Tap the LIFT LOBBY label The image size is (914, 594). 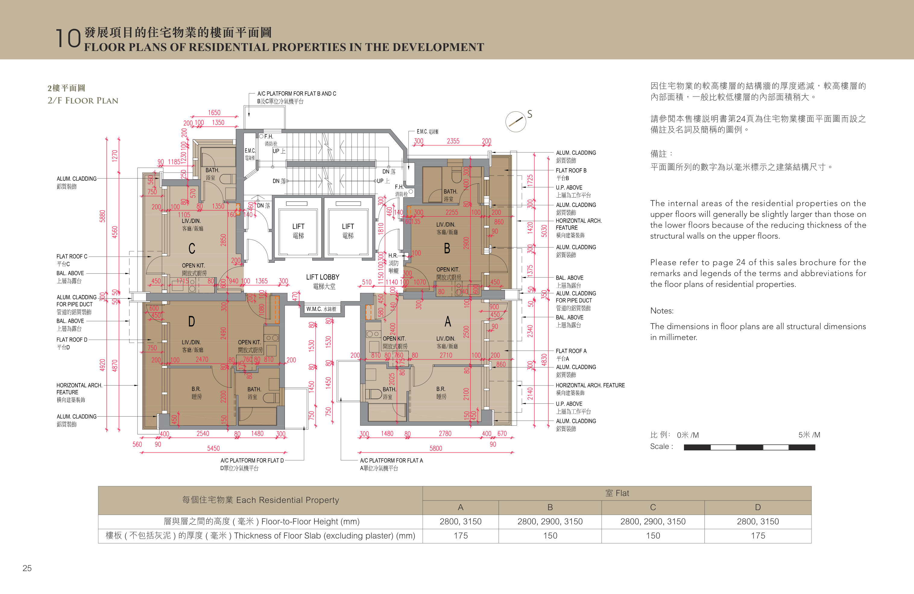(323, 277)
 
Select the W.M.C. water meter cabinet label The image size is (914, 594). (321, 309)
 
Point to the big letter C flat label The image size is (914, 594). (192, 249)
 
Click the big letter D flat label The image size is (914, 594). (191, 321)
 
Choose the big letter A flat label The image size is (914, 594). (447, 321)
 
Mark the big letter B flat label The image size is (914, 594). (447, 249)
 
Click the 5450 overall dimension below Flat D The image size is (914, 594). (213, 448)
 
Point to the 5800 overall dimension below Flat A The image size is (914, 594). (436, 448)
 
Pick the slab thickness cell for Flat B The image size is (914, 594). (550, 535)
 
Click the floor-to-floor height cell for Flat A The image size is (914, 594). (460, 521)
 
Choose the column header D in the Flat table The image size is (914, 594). (758, 507)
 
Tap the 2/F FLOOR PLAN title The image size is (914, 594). (83, 101)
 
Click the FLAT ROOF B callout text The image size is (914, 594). (571, 170)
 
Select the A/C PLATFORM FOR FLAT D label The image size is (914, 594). (252, 460)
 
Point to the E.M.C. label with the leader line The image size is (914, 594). (427, 132)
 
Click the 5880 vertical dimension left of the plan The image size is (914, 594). (102, 216)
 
